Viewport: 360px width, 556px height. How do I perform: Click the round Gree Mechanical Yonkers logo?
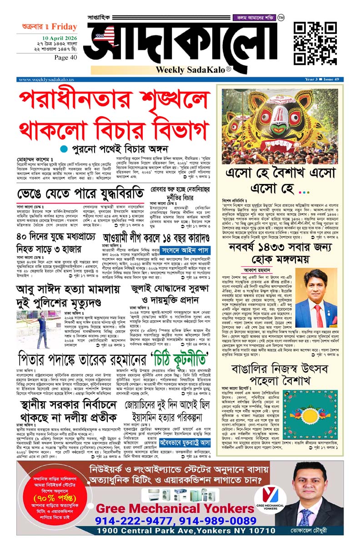click(x=270, y=494)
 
